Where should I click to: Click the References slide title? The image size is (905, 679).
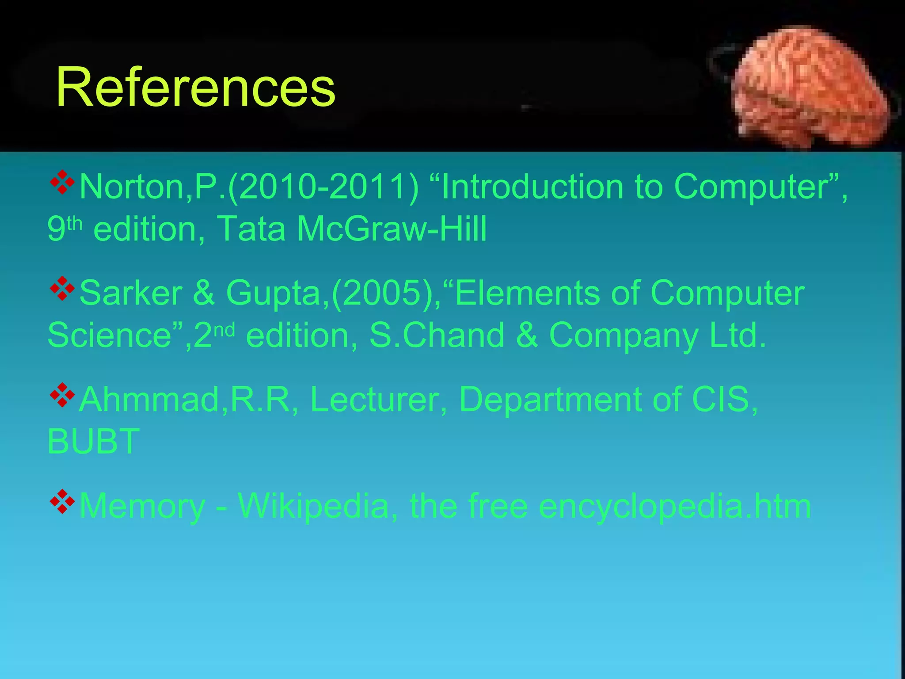tap(195, 87)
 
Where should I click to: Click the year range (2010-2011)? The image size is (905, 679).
tap(323, 187)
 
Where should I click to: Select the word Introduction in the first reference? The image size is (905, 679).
tap(532, 187)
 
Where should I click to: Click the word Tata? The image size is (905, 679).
tap(251, 229)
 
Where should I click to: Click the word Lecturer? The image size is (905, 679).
tap(375, 400)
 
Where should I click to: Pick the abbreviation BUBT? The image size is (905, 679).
tap(94, 442)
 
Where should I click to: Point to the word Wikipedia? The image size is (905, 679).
tap(313, 506)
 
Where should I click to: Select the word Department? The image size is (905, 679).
tap(551, 400)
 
